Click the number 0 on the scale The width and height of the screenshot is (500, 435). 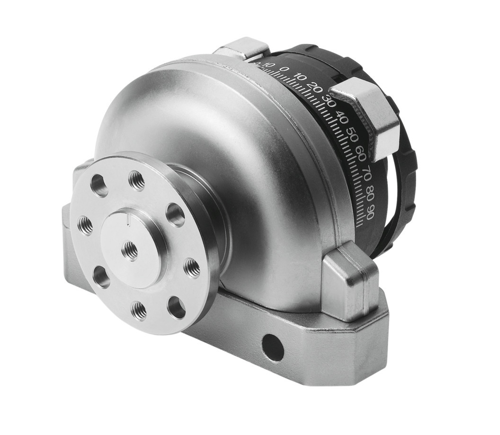(284, 69)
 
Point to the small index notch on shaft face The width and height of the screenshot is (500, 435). (128, 217)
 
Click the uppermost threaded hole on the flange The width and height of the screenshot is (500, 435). (137, 181)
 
